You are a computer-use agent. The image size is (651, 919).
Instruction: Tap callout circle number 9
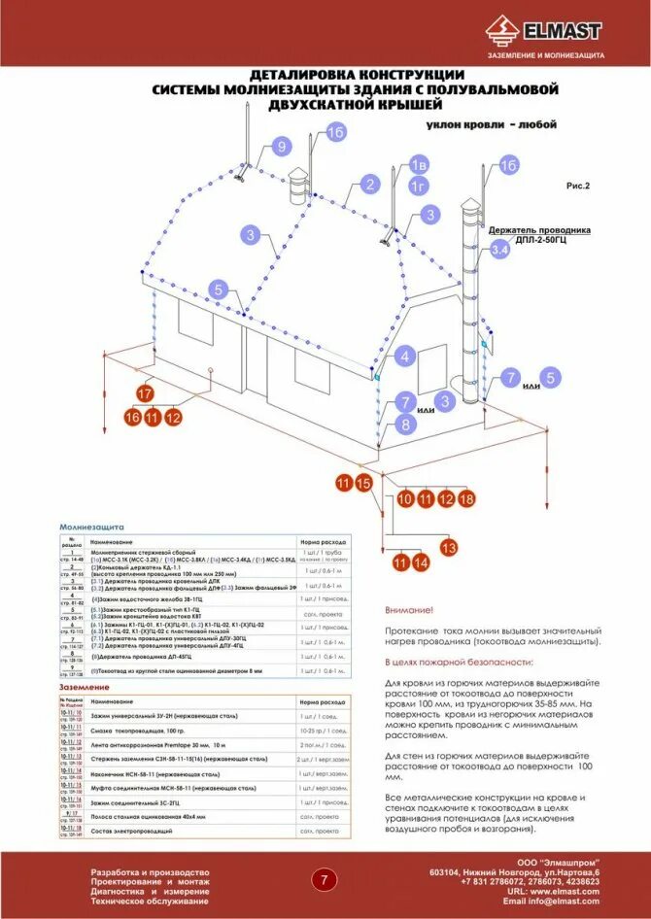click(x=282, y=147)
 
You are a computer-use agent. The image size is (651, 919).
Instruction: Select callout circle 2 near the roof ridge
click(x=368, y=185)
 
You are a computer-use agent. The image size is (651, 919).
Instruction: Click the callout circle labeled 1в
click(x=418, y=163)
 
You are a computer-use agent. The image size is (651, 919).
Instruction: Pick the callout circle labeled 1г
click(x=418, y=186)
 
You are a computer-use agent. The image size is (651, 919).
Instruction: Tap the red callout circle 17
click(x=144, y=394)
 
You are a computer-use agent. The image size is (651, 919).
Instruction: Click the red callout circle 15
click(x=363, y=483)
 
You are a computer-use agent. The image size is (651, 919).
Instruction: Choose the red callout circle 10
click(x=405, y=499)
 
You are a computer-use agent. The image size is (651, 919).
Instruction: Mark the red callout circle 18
click(x=466, y=499)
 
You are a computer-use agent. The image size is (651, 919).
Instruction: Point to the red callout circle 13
click(x=448, y=548)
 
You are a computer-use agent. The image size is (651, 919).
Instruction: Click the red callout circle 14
click(x=420, y=562)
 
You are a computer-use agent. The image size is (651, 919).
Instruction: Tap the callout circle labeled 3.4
click(x=499, y=251)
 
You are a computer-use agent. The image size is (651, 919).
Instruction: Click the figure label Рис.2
click(x=578, y=184)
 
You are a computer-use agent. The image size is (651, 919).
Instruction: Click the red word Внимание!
click(x=408, y=610)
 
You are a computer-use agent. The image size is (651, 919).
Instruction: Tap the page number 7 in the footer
click(x=324, y=880)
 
